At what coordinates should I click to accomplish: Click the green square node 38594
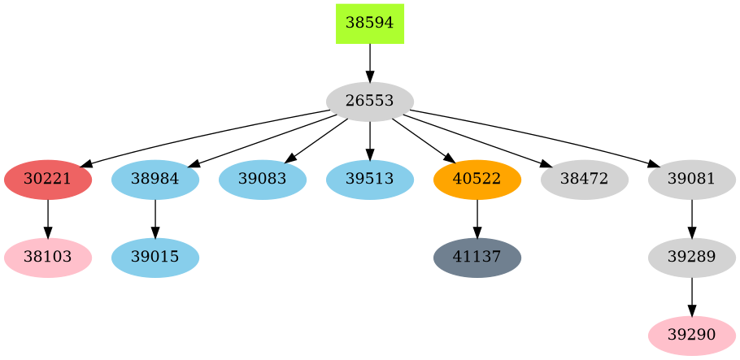[370, 24]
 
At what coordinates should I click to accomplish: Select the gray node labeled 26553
[370, 102]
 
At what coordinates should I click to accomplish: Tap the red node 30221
[48, 180]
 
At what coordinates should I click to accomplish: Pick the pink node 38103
[48, 258]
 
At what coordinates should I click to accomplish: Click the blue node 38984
[155, 180]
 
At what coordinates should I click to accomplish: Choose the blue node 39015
[155, 258]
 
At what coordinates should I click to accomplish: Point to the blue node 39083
[263, 180]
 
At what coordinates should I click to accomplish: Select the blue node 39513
[370, 180]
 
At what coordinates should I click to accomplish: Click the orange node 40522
[477, 180]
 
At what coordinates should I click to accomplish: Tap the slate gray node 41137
[477, 258]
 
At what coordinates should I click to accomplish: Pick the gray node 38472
[585, 180]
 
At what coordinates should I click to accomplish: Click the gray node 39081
[692, 180]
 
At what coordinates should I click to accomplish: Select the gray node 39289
[692, 258]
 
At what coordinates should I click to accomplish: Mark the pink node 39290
[692, 336]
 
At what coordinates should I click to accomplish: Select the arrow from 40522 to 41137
[477, 219]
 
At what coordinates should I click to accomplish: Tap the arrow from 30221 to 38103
[48, 219]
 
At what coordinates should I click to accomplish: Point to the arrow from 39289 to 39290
[692, 297]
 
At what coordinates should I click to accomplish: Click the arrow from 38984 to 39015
[155, 219]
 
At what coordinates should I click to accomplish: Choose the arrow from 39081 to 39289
[692, 219]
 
